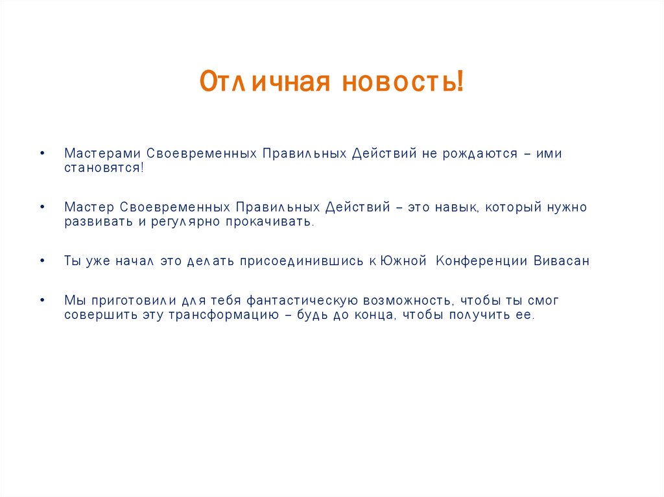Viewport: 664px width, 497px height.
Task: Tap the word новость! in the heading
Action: click(403, 82)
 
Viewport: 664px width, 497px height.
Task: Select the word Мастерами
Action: click(102, 154)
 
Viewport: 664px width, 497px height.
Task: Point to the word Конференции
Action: click(482, 261)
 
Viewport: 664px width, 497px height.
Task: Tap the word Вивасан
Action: click(562, 261)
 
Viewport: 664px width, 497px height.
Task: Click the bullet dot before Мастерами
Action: click(42, 154)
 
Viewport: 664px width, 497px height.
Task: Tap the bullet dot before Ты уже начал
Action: click(42, 262)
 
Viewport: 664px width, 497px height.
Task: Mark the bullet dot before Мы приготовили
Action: click(42, 302)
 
